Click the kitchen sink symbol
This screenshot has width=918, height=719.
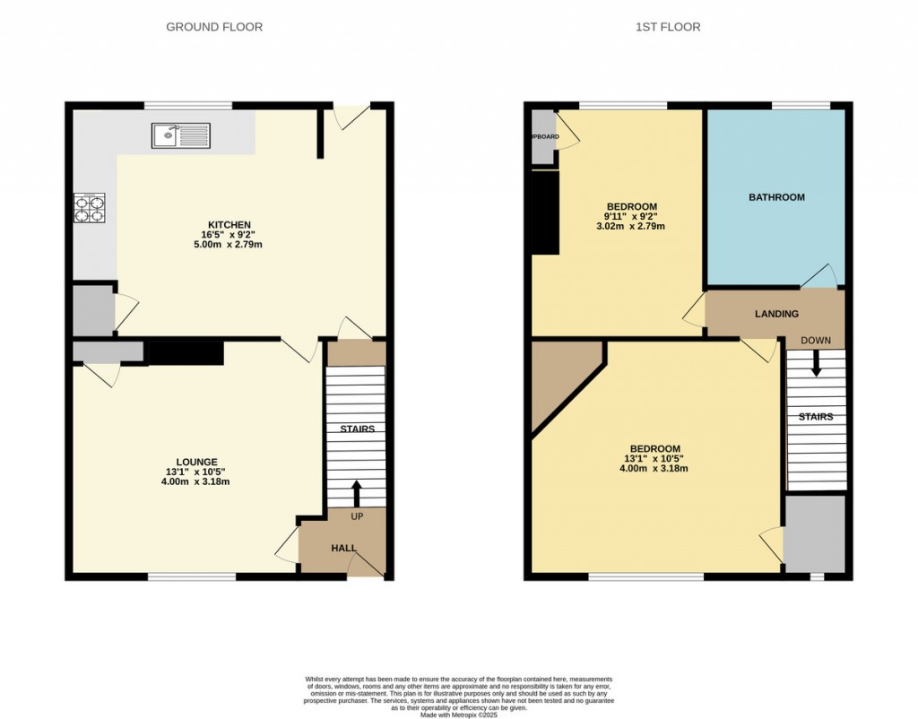181,135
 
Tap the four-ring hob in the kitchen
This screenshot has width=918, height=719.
89,208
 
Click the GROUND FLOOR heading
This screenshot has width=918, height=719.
214,27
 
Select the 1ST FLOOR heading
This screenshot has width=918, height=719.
668,27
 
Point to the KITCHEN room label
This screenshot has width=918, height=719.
229,224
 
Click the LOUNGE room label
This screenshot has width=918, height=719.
196,462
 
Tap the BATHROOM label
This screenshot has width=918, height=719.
776,197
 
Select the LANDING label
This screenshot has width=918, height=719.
776,314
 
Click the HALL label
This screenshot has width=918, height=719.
343,548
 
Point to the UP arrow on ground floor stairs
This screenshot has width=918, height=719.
356,494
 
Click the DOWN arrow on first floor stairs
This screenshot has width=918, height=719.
816,363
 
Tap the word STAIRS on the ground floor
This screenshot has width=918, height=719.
357,429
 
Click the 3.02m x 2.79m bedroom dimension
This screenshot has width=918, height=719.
631,226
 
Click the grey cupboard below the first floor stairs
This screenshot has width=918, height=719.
815,533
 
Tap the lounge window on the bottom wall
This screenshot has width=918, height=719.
192,576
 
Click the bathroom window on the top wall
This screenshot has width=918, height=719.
800,106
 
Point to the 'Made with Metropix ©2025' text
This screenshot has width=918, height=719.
458,715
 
